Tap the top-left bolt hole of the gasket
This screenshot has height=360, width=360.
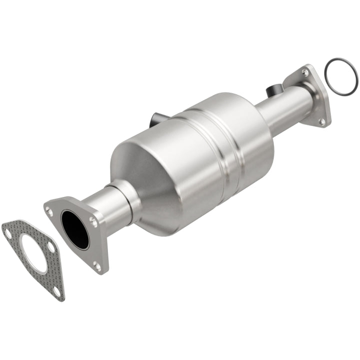coord(8,231)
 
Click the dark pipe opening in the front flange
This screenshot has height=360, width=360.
coord(75,229)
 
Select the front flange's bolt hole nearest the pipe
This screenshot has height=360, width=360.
coord(91,218)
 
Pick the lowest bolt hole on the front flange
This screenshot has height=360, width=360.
coord(96,265)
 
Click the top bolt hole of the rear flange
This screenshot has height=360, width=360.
coord(304,73)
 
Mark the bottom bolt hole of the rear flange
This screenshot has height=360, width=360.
coord(322,120)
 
